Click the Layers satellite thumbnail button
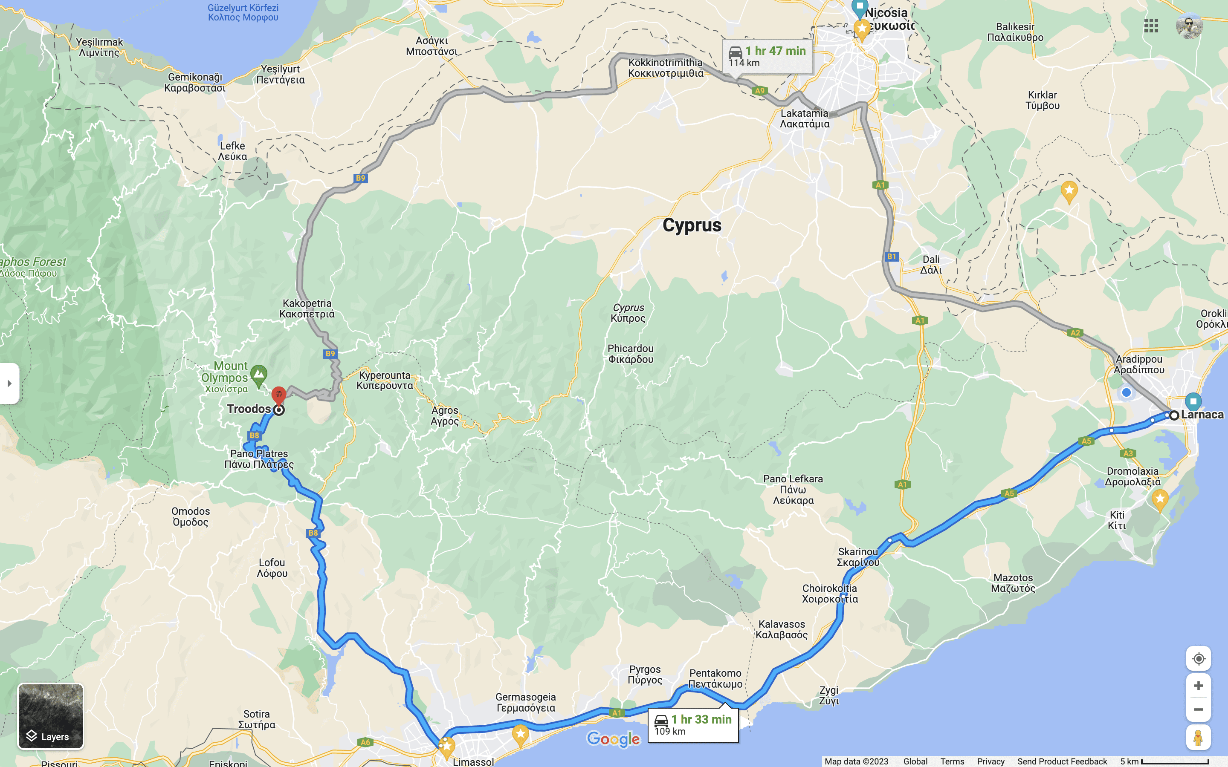click(50, 716)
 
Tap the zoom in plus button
click(1198, 686)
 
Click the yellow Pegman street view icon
click(1198, 738)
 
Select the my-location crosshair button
click(1198, 658)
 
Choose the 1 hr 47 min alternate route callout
click(767, 56)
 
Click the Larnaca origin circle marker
click(1174, 415)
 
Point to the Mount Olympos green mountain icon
click(259, 375)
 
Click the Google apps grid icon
click(1151, 26)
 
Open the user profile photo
click(1189, 26)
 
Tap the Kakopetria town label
click(307, 309)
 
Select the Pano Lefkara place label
click(793, 489)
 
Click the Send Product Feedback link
click(1062, 761)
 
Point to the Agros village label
click(445, 415)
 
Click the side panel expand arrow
click(9, 383)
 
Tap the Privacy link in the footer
click(991, 761)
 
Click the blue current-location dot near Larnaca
click(1126, 392)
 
